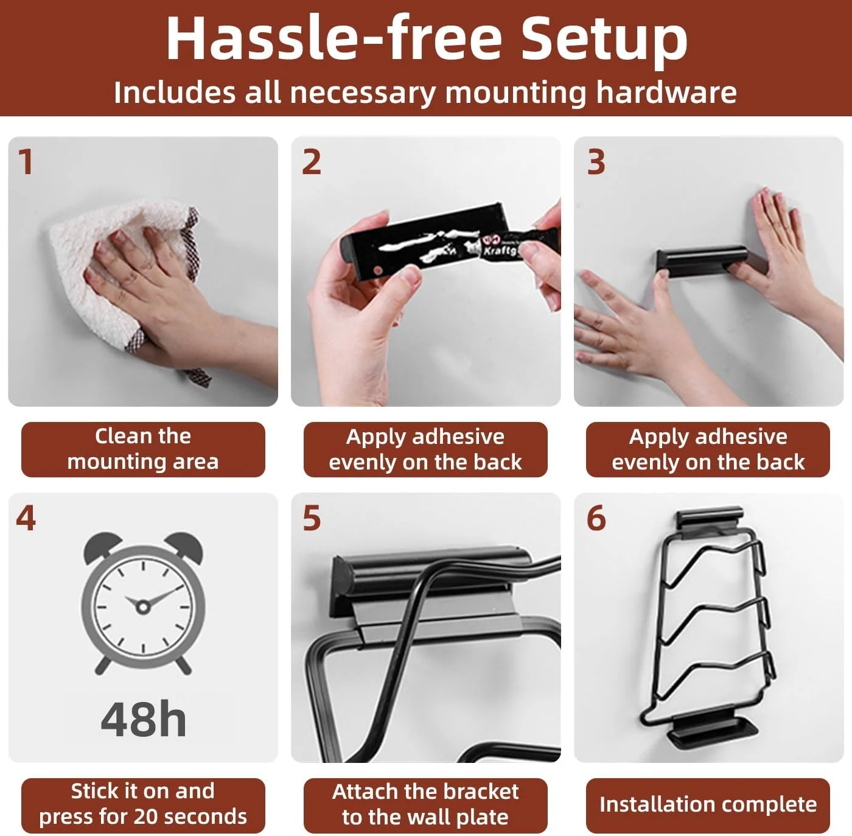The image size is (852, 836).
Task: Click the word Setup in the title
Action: pos(604,39)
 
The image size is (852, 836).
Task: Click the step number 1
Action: pos(26,162)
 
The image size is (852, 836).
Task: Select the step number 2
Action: pos(311,162)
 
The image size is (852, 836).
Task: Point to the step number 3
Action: pos(596,162)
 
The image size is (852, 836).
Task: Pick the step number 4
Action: pos(26,518)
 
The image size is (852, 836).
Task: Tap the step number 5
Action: pos(311,518)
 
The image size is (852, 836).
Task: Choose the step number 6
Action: pos(596,518)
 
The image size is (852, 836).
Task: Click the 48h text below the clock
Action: pos(143,719)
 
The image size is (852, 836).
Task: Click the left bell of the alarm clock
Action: pos(103,546)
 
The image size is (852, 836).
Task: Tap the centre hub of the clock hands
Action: pos(142,606)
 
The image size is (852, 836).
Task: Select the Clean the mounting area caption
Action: pos(143,449)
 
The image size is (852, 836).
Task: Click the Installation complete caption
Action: pos(708,804)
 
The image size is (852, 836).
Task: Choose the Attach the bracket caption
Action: pos(425,804)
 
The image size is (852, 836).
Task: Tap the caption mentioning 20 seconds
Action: pos(143,804)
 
